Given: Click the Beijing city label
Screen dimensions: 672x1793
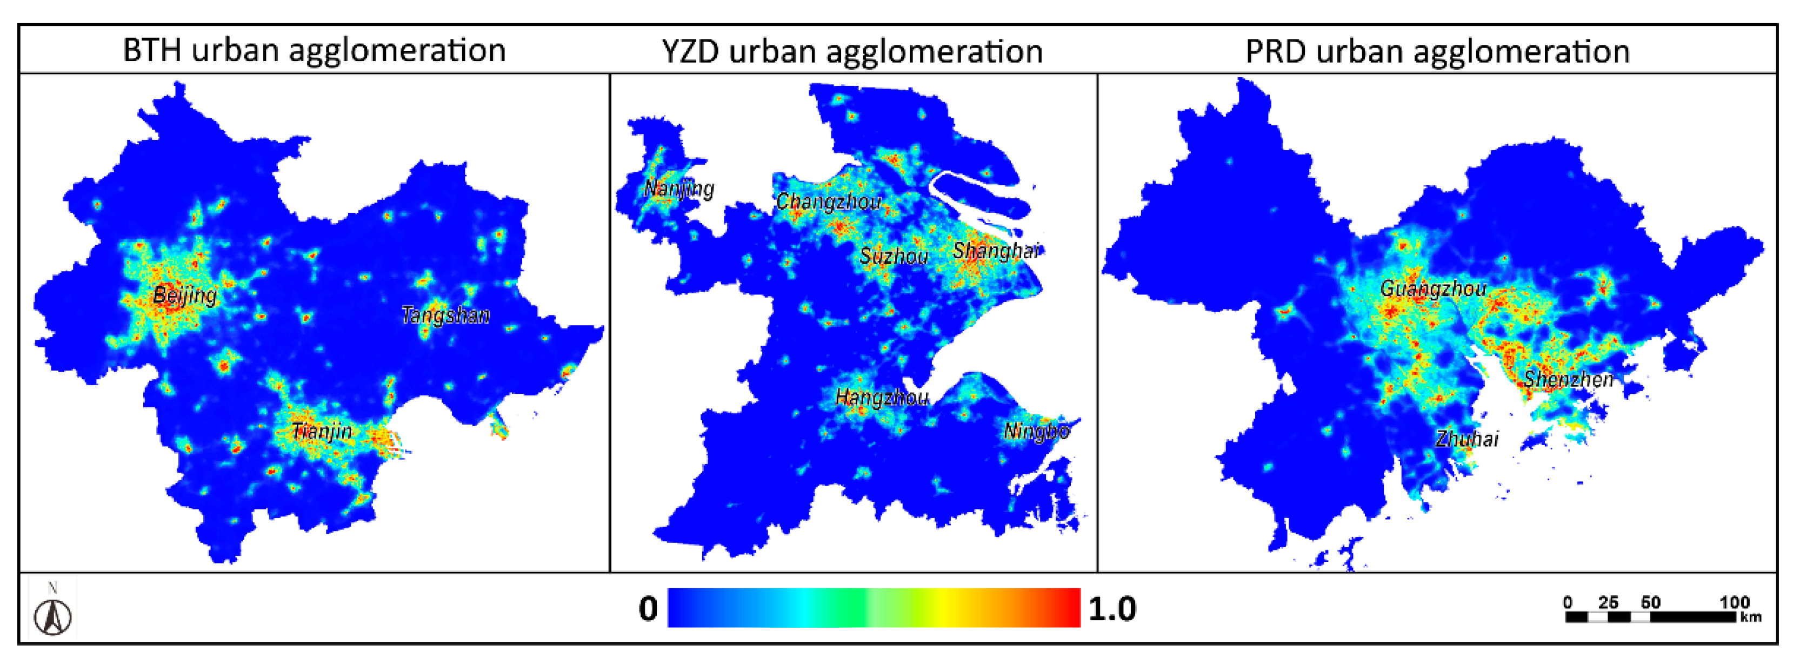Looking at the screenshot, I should (184, 295).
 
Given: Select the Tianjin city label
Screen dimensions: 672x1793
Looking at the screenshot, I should (322, 431).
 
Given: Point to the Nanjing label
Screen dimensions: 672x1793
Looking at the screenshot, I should (678, 188).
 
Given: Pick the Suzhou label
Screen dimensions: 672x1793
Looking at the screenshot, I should (894, 256).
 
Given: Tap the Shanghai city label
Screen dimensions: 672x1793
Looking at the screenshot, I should (995, 251).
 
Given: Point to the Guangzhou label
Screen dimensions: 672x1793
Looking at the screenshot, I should (1433, 288).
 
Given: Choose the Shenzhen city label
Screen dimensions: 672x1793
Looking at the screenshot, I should (1568, 379).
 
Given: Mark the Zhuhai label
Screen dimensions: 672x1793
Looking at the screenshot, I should (1467, 439).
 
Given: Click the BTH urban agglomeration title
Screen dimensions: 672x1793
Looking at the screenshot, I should (314, 50).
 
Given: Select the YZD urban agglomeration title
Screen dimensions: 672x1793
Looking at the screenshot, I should (852, 51).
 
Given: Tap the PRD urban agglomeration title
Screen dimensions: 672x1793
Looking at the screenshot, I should (1437, 51).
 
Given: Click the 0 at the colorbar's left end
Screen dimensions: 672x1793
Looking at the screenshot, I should (648, 609).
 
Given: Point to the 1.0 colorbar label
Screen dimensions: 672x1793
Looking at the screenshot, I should (1111, 609).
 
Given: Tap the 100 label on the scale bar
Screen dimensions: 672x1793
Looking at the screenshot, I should (1734, 602).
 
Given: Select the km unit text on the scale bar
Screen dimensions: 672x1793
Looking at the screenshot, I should (1750, 617).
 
